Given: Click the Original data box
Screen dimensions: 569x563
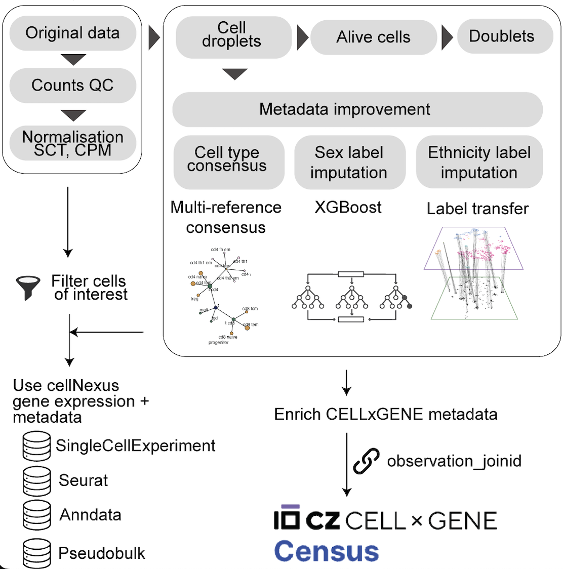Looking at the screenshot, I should [72, 33].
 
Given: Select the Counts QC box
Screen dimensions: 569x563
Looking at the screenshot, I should [72, 86].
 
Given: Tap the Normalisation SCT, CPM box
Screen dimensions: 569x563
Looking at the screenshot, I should [72, 143].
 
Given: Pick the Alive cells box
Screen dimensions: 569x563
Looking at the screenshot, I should [373, 37].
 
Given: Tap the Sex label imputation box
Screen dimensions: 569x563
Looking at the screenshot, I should [349, 162].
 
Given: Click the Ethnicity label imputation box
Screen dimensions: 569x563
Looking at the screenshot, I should [479, 162].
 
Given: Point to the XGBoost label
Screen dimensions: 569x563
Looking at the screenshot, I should [348, 207].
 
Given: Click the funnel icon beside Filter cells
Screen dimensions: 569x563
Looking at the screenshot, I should [28, 287].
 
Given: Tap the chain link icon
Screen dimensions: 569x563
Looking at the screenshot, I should [366, 461].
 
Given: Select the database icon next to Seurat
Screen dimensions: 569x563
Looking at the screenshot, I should [36, 480].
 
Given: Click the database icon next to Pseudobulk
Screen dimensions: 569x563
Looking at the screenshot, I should [36, 553].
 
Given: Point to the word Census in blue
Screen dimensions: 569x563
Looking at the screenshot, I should [327, 551].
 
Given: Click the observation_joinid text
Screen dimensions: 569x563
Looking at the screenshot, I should [454, 461].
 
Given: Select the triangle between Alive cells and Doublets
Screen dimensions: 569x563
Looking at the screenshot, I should [447, 37].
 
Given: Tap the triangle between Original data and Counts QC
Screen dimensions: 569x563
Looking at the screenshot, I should [73, 60].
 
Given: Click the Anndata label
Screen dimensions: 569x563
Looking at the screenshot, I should [91, 515].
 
